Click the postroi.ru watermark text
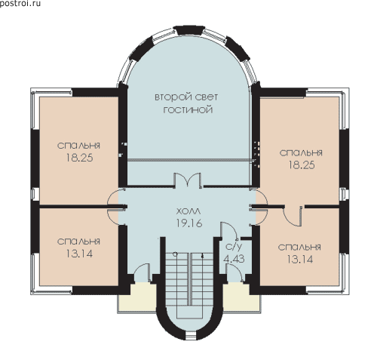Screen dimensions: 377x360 [x=20, y=3]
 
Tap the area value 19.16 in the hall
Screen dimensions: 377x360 [x=189, y=223]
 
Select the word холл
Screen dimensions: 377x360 [x=189, y=211]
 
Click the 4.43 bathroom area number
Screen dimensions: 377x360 [x=234, y=259]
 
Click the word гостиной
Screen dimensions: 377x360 [x=188, y=110]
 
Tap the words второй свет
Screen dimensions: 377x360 [x=186, y=97]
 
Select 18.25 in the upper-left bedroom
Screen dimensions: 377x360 [x=79, y=158]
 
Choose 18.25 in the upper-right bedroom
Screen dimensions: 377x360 [x=302, y=165]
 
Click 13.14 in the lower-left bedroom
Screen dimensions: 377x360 [x=79, y=254]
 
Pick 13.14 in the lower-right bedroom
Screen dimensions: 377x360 [x=299, y=259]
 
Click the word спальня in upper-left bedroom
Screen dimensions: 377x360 [x=78, y=146]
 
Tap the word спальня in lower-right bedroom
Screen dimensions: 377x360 [x=299, y=248]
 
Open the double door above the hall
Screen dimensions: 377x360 [x=188, y=180]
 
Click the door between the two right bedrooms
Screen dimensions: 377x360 [x=293, y=216]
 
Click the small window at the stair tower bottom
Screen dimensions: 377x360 [x=190, y=336]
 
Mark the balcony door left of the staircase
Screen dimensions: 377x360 [x=143, y=273]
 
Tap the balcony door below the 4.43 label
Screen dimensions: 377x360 [x=234, y=273]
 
